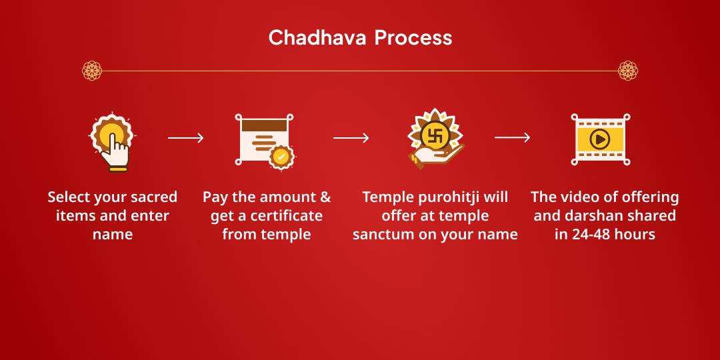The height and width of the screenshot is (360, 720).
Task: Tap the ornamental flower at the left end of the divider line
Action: (92, 70)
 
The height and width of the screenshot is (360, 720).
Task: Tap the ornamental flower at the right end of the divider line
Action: (628, 70)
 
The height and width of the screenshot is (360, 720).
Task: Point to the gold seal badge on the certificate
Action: (281, 157)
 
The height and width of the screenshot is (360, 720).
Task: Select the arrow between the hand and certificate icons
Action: (185, 138)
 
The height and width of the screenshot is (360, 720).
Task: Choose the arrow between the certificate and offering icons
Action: (351, 138)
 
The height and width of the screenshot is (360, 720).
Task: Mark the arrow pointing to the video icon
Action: (512, 138)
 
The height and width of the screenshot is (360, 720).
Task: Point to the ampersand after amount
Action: (325, 197)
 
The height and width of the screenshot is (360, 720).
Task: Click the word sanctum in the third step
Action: (385, 235)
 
